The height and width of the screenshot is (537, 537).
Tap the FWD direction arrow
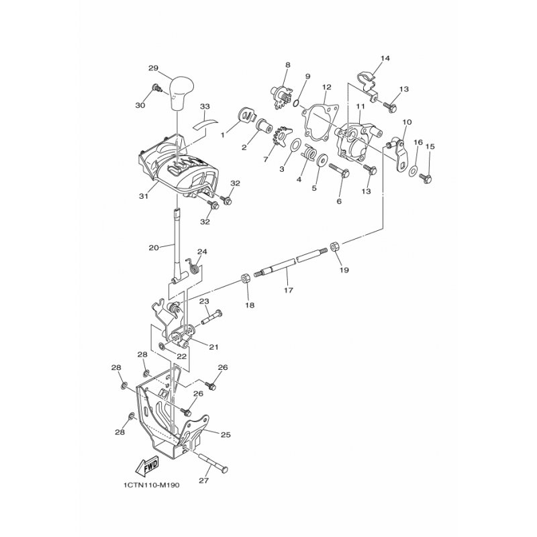148,465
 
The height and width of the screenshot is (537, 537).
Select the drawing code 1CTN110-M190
152,485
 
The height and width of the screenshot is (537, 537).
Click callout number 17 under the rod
289,290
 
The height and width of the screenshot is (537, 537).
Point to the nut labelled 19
334,246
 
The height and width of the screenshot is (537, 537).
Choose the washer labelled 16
413,170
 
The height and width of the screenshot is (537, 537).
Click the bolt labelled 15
426,177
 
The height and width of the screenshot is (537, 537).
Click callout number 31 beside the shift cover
143,196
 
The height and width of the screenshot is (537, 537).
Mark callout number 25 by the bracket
226,434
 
